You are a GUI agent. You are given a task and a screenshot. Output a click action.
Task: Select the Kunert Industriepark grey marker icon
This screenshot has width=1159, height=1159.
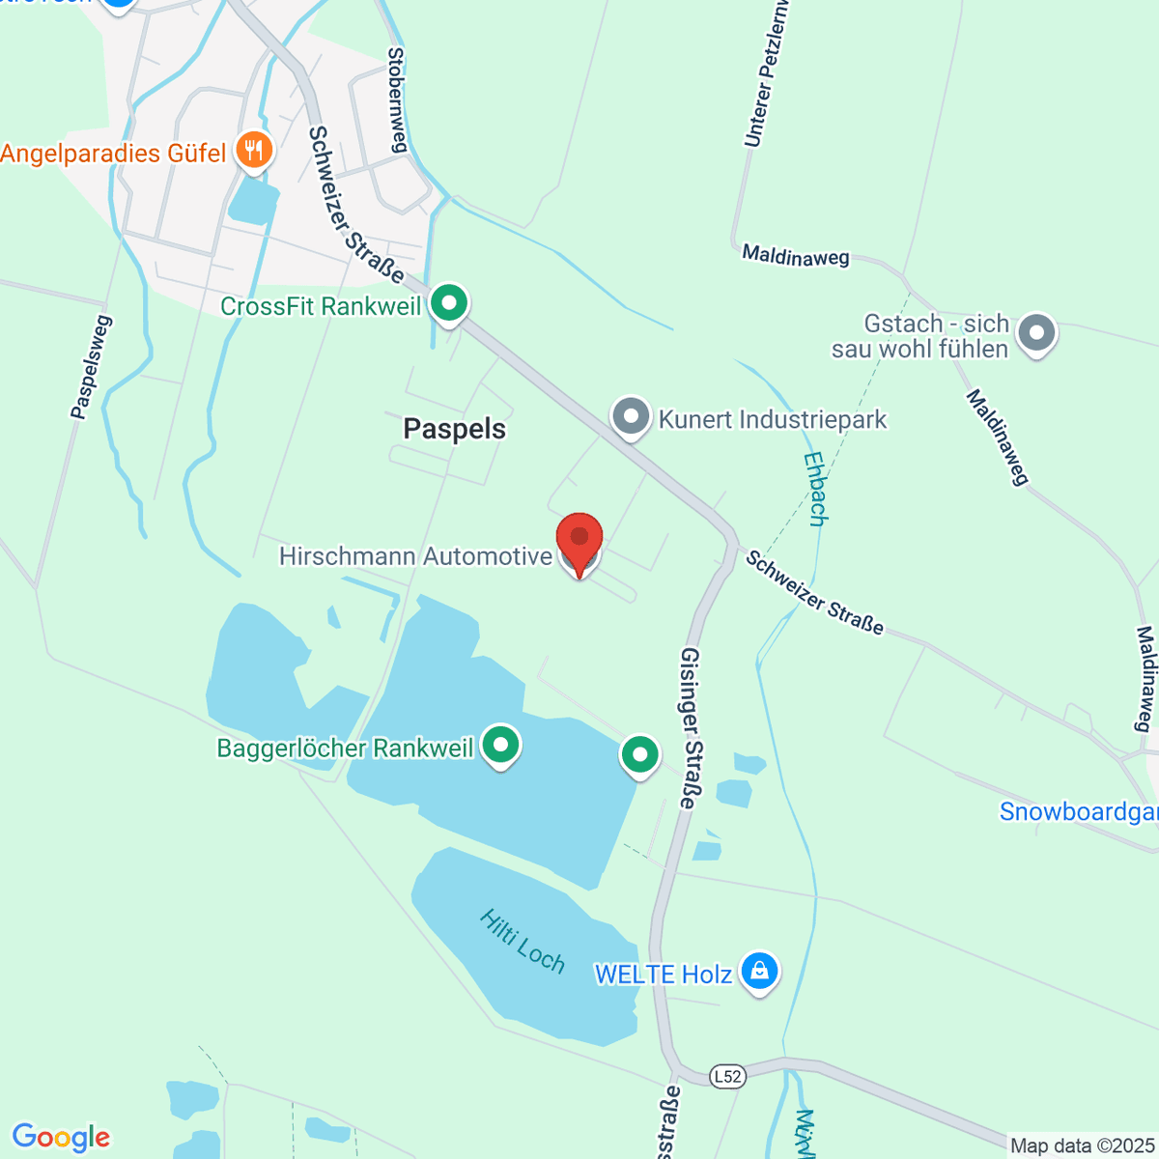point(632,418)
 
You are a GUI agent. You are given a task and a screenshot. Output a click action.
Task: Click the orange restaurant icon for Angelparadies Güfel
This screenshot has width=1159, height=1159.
point(254,151)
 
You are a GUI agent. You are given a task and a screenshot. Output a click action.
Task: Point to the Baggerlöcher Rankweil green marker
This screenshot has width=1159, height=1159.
point(500,746)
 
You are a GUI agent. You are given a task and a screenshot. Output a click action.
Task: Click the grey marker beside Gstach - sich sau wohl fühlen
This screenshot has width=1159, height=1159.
point(1036,333)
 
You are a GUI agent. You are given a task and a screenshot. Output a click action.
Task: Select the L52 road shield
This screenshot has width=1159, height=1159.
point(727,1076)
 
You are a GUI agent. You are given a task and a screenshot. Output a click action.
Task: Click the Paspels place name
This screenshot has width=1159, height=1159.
point(454,429)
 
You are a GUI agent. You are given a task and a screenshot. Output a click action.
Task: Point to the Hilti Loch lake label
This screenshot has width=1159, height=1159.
point(522,940)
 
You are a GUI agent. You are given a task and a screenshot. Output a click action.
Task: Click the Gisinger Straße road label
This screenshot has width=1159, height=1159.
point(691,727)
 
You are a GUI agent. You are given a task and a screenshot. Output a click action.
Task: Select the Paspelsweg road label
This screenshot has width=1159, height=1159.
point(91,367)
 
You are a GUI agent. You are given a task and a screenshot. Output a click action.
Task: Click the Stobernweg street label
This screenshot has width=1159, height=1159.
point(397,99)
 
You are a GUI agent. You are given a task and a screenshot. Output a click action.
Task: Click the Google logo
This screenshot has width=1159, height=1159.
point(62,1137)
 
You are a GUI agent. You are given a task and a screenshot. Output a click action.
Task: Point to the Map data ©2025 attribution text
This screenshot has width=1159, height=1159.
point(1081,1146)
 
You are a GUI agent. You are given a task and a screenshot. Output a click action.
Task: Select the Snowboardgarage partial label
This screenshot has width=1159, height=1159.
point(1078,811)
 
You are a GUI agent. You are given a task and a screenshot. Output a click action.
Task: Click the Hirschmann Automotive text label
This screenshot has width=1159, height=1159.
point(415,556)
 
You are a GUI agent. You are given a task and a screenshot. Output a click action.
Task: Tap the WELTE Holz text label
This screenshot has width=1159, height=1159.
point(663,974)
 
